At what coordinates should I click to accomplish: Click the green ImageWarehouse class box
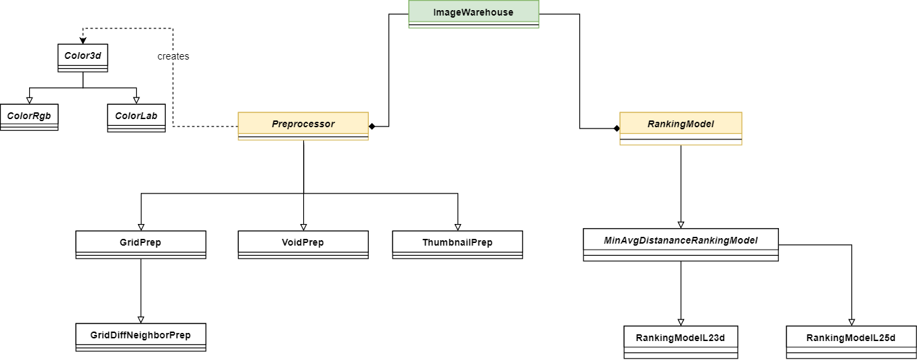point(474,14)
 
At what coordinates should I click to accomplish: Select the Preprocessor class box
point(303,126)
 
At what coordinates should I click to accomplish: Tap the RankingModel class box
point(681,128)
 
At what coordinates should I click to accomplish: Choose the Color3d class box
point(83,58)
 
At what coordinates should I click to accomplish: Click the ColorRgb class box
point(29,117)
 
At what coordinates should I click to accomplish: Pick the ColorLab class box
point(136,118)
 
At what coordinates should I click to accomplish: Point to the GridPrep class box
point(141,244)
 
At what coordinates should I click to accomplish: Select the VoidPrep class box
point(303,244)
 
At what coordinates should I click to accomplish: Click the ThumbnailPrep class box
point(457,244)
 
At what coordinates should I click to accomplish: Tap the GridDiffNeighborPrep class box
point(141,337)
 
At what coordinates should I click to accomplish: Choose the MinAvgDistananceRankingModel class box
point(681,244)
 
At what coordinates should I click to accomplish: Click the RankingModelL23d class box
point(681,342)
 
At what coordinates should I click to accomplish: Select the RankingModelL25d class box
point(851,342)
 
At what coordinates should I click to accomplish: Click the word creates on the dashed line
point(173,56)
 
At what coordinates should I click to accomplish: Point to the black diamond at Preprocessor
point(372,127)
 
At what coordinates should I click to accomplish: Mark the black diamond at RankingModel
point(617,129)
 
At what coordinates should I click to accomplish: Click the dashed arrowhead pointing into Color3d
point(83,41)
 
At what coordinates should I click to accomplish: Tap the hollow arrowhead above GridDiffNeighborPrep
point(141,320)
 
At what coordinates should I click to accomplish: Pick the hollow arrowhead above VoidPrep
point(303,227)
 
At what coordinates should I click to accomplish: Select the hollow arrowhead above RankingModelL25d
point(851,322)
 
